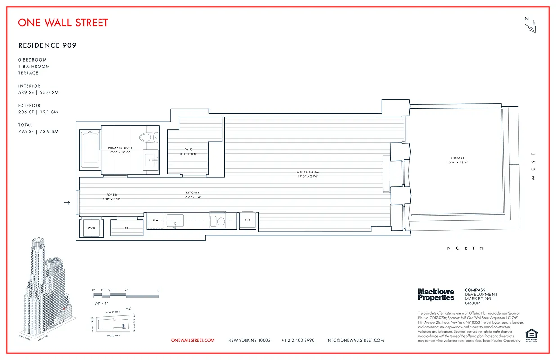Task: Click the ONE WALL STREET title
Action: pyautogui.click(x=63, y=22)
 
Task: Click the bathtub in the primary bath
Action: pyautogui.click(x=90, y=149)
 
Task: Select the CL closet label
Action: pyautogui.click(x=127, y=228)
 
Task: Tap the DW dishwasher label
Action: pyautogui.click(x=156, y=220)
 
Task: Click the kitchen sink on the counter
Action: pyautogui.click(x=175, y=220)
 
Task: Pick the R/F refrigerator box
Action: pyautogui.click(x=247, y=220)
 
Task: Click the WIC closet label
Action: pyautogui.click(x=189, y=149)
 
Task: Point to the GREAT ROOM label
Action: pyautogui.click(x=308, y=172)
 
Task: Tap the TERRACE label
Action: pyautogui.click(x=457, y=158)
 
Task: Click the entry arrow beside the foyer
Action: pyautogui.click(x=67, y=202)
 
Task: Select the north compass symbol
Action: pyautogui.click(x=530, y=25)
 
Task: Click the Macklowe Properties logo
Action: pyautogui.click(x=436, y=295)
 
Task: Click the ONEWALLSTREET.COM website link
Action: pyautogui.click(x=193, y=340)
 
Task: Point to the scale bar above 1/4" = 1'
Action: pyautogui.click(x=126, y=296)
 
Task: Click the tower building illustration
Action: pyautogui.click(x=45, y=288)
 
